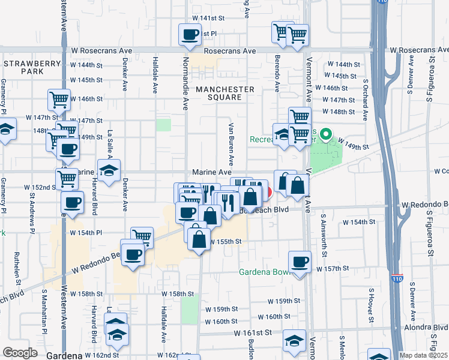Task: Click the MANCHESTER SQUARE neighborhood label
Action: (x=224, y=94)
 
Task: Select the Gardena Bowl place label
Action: (x=265, y=272)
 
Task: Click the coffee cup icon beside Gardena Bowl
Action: (x=300, y=262)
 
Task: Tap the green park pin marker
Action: (x=325, y=134)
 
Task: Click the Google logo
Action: (x=20, y=353)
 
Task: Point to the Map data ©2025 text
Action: (x=424, y=355)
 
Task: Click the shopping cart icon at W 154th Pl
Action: (x=142, y=237)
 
